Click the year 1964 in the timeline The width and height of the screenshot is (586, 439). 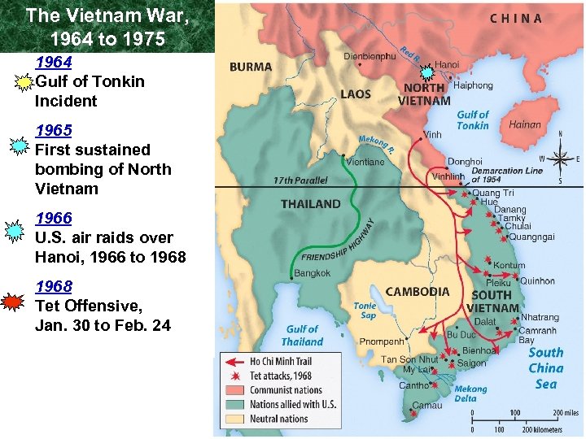click(x=53, y=63)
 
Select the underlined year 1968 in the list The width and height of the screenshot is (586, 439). click(x=53, y=287)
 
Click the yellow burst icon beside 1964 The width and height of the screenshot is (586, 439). click(x=24, y=82)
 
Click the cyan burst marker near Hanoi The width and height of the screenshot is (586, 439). click(x=426, y=73)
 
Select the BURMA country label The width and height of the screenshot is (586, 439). click(x=251, y=67)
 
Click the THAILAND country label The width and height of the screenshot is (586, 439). click(x=311, y=204)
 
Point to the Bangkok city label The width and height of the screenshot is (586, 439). click(x=313, y=274)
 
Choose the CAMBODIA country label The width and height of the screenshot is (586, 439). click(x=418, y=292)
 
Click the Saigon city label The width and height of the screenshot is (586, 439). click(x=472, y=363)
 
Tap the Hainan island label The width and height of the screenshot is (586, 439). click(x=524, y=125)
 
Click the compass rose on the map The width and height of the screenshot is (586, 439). click(x=560, y=159)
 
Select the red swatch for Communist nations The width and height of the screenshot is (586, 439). click(x=235, y=390)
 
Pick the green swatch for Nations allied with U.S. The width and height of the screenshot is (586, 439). click(x=235, y=404)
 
